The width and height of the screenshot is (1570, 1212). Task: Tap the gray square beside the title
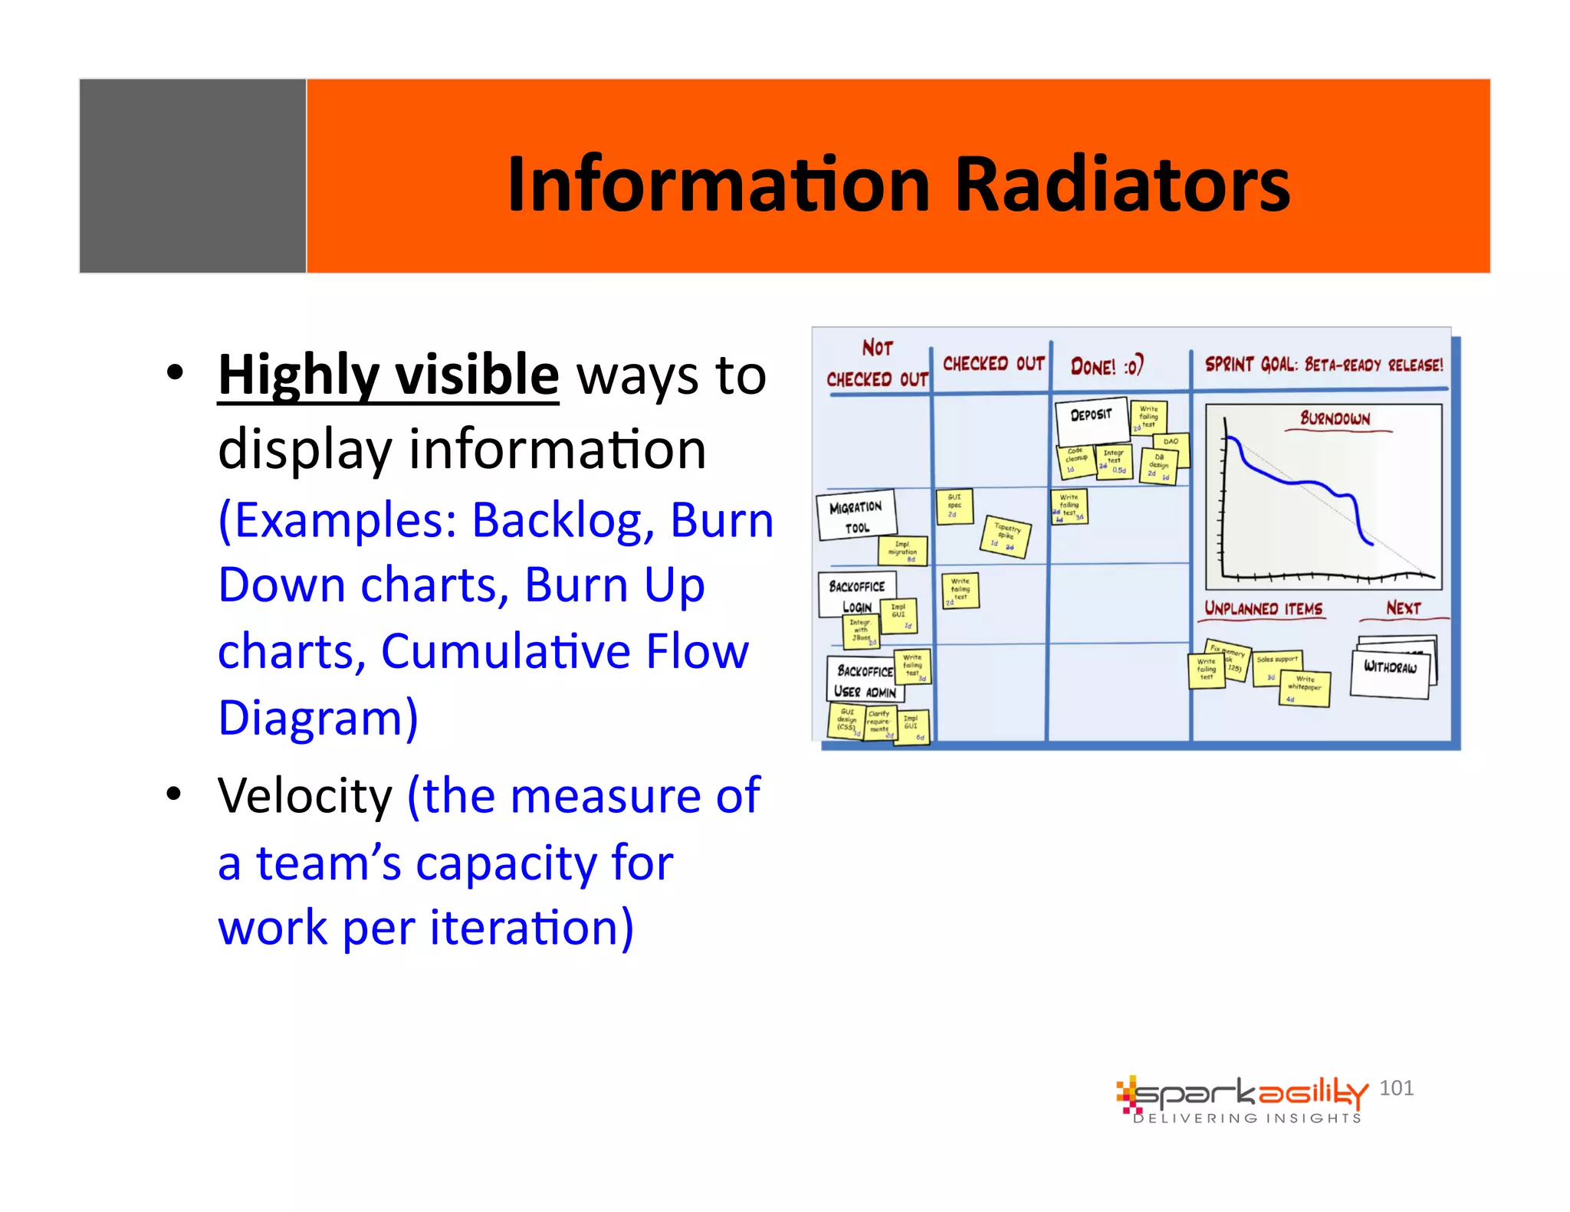pos(192,175)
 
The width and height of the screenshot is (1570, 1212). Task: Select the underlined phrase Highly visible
pos(388,375)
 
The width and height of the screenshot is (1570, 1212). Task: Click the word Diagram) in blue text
pos(318,718)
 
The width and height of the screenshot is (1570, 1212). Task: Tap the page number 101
pos(1396,1088)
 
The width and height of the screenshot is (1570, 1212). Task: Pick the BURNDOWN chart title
pos(1335,418)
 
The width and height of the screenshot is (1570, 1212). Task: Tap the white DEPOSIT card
pos(1091,418)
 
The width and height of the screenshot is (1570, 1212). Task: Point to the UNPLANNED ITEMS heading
pos(1263,609)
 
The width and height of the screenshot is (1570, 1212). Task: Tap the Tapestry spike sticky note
pos(1006,535)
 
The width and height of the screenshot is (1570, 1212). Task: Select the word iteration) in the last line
pos(531,928)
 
